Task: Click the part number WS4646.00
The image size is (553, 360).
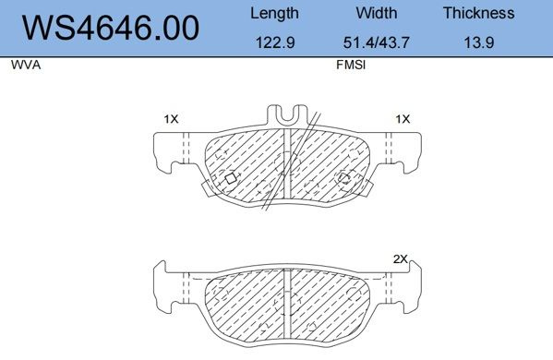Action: click(110, 28)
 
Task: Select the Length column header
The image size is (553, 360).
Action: click(274, 13)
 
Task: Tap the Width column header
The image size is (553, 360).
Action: click(376, 13)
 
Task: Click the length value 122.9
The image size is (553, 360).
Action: click(274, 42)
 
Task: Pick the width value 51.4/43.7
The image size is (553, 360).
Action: click(376, 42)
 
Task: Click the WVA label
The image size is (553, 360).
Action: click(24, 66)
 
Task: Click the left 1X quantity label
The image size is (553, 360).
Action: click(171, 119)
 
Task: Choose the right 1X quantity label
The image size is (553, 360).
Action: click(402, 119)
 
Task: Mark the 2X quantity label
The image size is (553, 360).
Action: click(400, 260)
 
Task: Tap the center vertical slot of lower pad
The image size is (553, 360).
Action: click(288, 300)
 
